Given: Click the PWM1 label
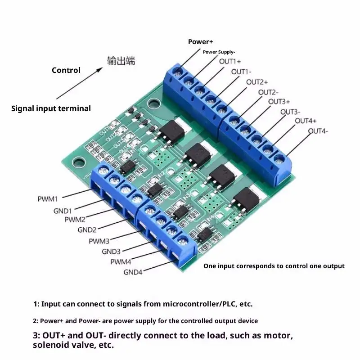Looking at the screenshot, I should pyautogui.click(x=48, y=198).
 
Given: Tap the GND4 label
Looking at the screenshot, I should pyautogui.click(x=133, y=272).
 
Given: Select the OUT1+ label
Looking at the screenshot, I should pyautogui.click(x=230, y=61).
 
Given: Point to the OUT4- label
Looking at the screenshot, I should pyautogui.click(x=318, y=131).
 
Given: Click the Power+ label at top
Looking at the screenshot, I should pyautogui.click(x=201, y=42).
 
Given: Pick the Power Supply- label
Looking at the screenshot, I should pyautogui.click(x=219, y=52).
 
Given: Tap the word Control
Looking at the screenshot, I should pyautogui.click(x=66, y=70).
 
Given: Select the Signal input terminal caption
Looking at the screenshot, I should pyautogui.click(x=51, y=108).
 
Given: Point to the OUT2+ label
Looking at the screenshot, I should pyautogui.click(x=257, y=82).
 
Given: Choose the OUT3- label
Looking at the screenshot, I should pyautogui.click(x=290, y=112).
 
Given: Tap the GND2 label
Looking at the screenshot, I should pyautogui.click(x=87, y=230).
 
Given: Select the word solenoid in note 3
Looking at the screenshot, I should pyautogui.click(x=50, y=346).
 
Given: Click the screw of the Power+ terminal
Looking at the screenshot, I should pyautogui.click(x=178, y=71).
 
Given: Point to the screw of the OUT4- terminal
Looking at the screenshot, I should pyautogui.click(x=279, y=159).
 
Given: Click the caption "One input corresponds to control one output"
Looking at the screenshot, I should pyautogui.click(x=274, y=266).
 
